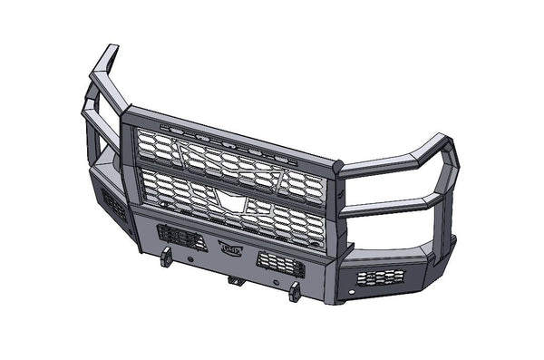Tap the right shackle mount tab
tap(295, 292)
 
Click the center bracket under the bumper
tap(237, 279)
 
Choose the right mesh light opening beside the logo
tap(280, 264)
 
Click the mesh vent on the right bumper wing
tap(381, 277)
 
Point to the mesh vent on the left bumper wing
tap(114, 207)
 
